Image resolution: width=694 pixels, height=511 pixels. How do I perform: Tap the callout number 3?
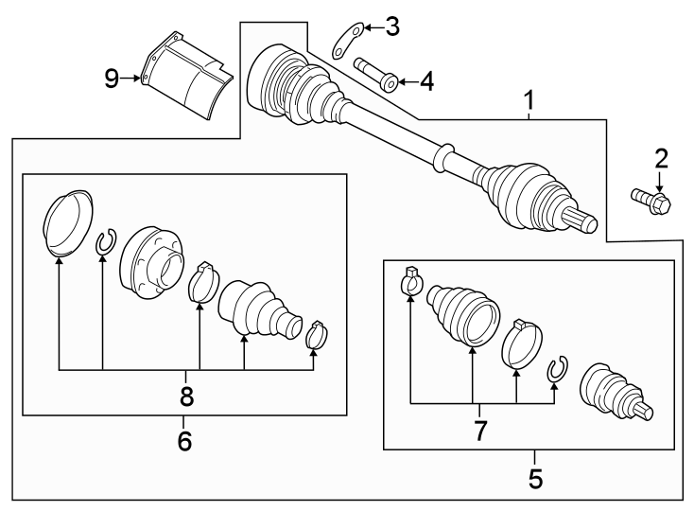(x=391, y=26)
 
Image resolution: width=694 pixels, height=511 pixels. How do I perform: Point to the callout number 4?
(x=425, y=82)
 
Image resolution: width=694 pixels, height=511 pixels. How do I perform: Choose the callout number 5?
(x=536, y=478)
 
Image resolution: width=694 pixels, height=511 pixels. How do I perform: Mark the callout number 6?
(x=184, y=440)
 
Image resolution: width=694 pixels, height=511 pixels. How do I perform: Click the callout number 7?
(x=480, y=432)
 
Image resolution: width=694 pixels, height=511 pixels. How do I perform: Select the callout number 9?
(x=112, y=79)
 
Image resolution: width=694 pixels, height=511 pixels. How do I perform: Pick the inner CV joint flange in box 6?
(x=151, y=262)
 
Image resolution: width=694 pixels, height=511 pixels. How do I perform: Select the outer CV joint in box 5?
(x=613, y=392)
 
